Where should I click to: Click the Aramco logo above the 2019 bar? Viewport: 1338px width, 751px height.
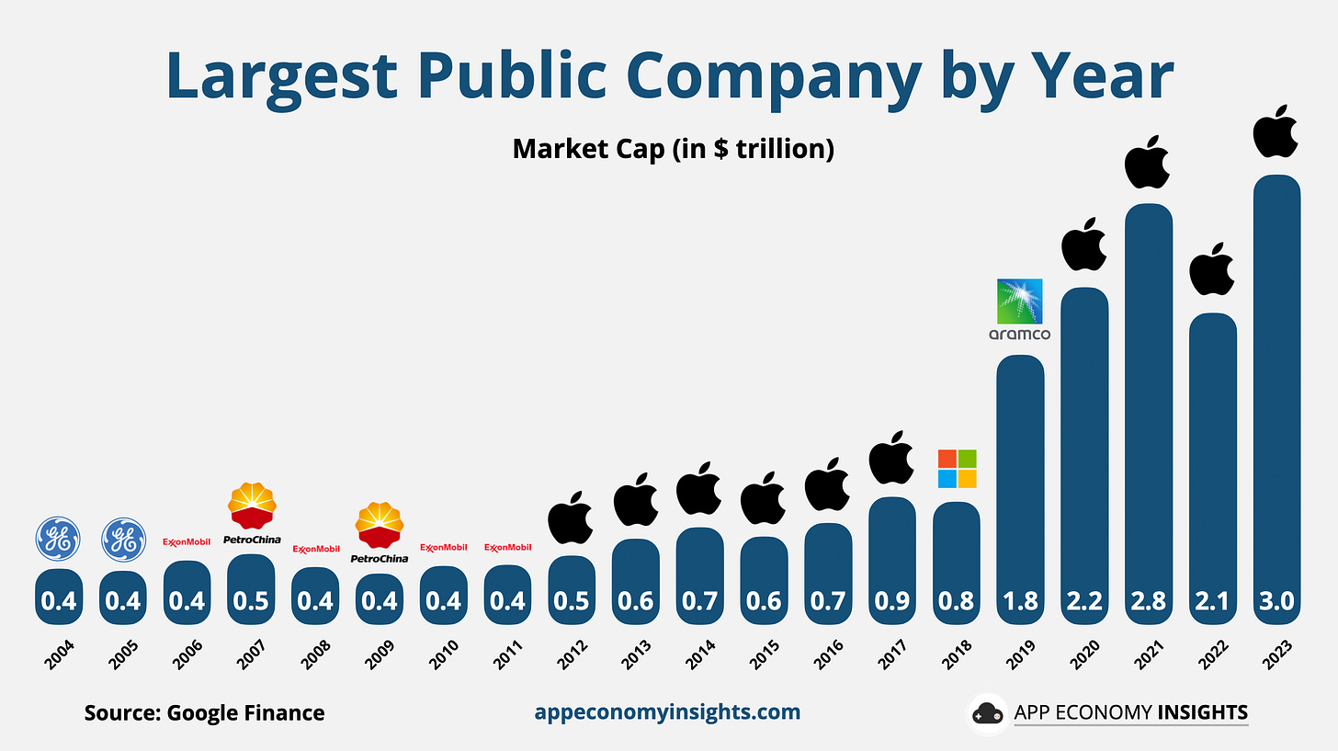1020,309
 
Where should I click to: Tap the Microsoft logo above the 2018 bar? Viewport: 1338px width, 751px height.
957,469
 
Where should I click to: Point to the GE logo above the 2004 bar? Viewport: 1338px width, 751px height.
59,539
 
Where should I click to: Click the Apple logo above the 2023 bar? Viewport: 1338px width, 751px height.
1276,131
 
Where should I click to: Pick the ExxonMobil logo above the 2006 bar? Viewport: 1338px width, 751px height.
187,542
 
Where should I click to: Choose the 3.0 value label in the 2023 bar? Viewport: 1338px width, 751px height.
1276,601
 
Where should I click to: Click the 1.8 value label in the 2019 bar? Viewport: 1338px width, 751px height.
1020,601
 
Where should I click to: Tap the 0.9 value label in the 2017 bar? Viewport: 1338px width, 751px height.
891,601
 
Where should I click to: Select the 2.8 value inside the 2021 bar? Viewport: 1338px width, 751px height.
1149,601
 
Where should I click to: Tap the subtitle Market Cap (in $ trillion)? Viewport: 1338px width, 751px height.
673,149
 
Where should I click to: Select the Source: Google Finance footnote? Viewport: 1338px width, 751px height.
204,712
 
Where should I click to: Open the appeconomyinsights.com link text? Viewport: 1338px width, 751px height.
667,711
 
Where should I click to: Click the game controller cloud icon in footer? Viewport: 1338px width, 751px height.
987,713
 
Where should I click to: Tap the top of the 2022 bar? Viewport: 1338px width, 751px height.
1213,316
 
